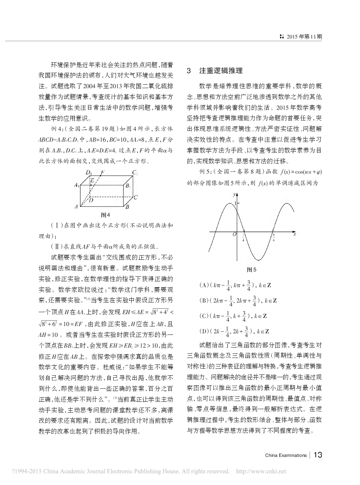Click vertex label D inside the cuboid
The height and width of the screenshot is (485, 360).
pos(91,200)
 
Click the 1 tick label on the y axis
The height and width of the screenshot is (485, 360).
pos(235,203)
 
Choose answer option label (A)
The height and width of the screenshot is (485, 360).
pos(204,286)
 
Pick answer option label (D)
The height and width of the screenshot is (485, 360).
pos(204,331)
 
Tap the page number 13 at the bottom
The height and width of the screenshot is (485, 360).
pos(318,455)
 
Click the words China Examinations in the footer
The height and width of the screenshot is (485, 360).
pos(286,455)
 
